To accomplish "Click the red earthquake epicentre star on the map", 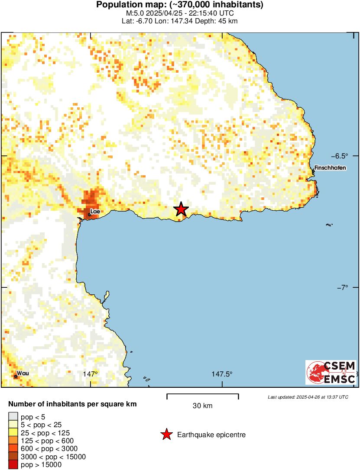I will pyautogui.click(x=181, y=209).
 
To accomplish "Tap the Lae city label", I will pyautogui.click(x=95, y=211).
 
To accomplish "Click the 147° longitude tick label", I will pyautogui.click(x=90, y=374).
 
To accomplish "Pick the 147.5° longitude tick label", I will pyautogui.click(x=222, y=374).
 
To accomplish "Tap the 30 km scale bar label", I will pyautogui.click(x=202, y=406).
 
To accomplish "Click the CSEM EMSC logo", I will pyautogui.click(x=331, y=372).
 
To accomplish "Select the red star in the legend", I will pyautogui.click(x=166, y=435).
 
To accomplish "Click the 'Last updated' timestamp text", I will pyautogui.click(x=308, y=396).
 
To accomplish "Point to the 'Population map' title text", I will pyautogui.click(x=180, y=5).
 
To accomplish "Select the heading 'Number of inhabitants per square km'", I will pyautogui.click(x=73, y=404).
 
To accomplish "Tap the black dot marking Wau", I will pyautogui.click(x=16, y=376).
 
